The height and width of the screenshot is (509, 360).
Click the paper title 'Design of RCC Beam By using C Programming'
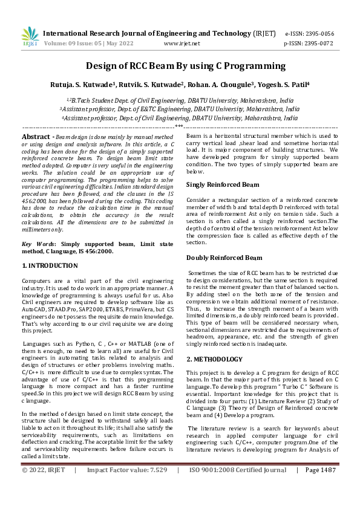(180, 65)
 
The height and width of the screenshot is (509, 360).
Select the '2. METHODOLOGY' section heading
(215, 358)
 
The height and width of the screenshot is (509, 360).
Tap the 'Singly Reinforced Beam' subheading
(223, 184)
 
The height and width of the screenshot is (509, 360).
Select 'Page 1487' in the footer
(321, 487)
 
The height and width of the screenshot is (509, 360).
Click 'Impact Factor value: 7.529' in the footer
(126, 487)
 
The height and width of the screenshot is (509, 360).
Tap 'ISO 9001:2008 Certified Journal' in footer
(237, 487)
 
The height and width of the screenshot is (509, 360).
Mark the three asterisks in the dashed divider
(179, 127)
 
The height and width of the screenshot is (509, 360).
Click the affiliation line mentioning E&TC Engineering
(180, 109)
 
